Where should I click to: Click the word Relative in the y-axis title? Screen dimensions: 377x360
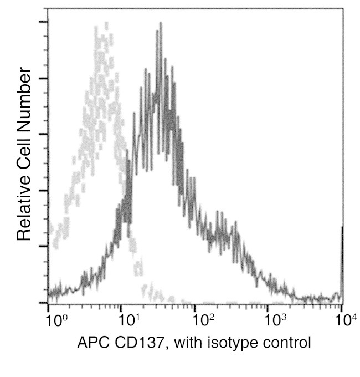(x=23, y=206)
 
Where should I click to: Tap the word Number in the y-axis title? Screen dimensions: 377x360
(x=23, y=94)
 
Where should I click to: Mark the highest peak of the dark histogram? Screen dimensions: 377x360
(x=161, y=24)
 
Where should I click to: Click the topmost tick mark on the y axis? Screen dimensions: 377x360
(x=43, y=23)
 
